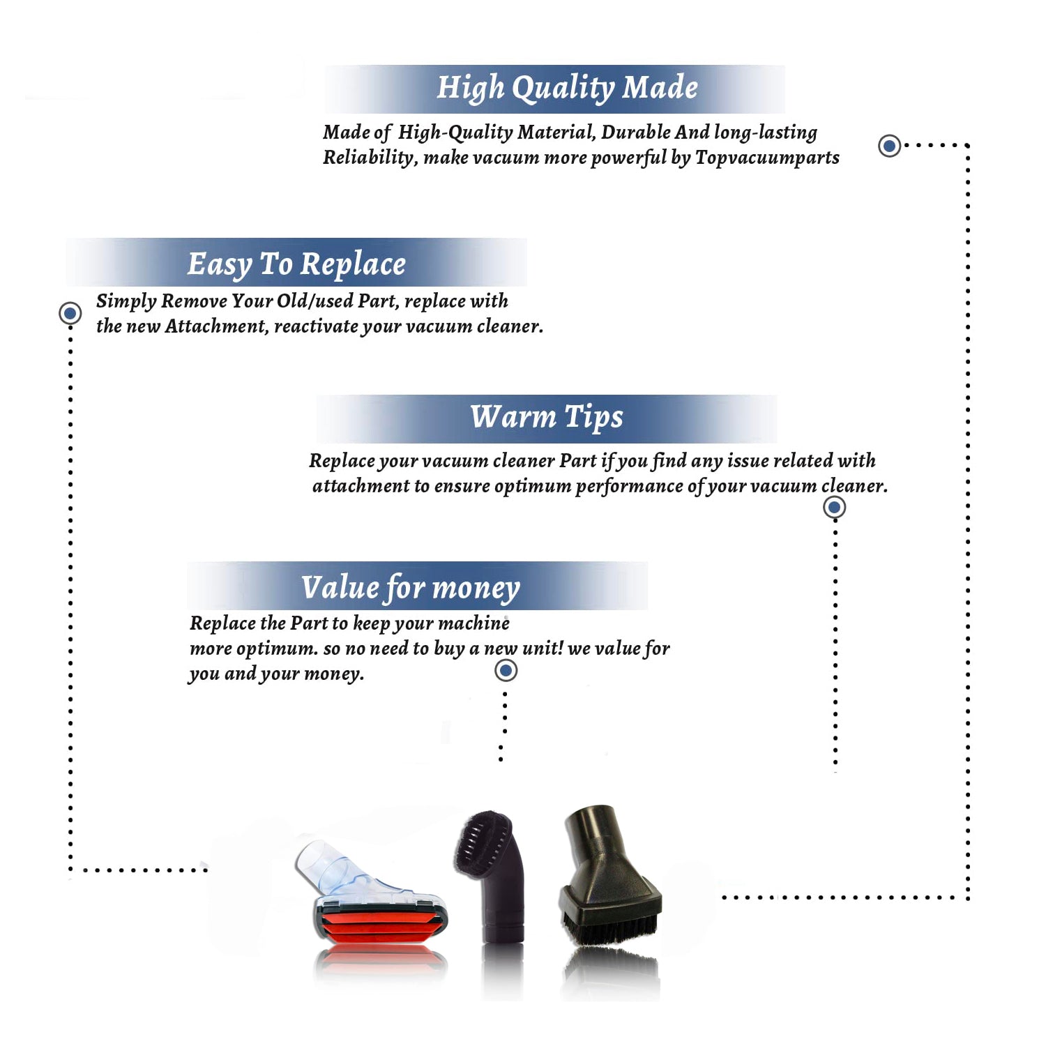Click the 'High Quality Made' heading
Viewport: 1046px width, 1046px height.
(567, 89)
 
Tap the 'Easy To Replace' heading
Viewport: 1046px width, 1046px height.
(296, 264)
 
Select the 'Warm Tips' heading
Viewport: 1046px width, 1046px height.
(547, 417)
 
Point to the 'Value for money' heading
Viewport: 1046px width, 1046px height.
(411, 588)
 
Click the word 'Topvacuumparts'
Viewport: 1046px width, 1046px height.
(767, 158)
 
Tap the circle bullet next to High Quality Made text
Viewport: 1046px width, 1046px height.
(889, 146)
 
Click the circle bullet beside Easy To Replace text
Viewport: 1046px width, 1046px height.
(70, 313)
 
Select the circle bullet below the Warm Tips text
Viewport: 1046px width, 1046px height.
(835, 507)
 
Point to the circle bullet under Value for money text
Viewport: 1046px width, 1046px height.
(506, 671)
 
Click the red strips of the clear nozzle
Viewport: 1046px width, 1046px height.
(381, 925)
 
